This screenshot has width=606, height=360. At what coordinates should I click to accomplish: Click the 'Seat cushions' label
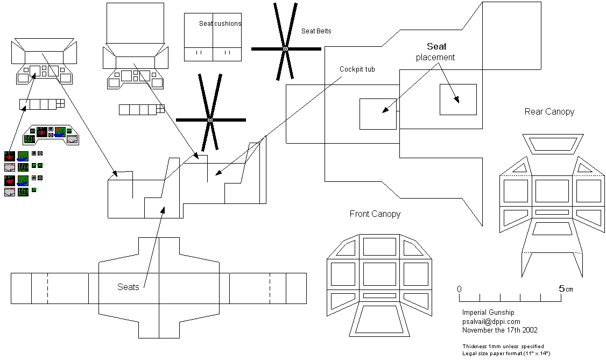220,24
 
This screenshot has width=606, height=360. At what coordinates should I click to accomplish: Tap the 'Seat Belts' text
316,31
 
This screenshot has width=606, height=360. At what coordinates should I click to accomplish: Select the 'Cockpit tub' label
357,69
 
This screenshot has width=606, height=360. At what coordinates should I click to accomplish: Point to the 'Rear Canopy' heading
549,112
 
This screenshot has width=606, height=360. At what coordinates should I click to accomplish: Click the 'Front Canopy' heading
375,214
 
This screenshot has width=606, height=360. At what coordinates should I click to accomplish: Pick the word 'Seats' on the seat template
128,287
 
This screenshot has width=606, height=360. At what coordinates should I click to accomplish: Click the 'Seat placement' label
436,52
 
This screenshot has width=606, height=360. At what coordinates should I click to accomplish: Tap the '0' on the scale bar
460,289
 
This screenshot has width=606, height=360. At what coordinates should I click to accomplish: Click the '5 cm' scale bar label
565,289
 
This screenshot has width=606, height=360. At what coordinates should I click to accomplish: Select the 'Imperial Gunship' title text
488,313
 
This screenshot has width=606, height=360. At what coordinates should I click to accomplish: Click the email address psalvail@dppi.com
491,321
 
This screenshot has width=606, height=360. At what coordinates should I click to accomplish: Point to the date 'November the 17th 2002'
499,330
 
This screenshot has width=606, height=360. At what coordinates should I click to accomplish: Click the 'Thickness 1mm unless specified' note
503,346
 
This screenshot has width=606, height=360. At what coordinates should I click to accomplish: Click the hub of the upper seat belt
286,49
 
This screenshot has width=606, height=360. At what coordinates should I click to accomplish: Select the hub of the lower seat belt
210,119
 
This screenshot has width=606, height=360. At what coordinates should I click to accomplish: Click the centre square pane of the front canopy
379,273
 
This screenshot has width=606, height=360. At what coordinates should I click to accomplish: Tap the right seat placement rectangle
458,100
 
